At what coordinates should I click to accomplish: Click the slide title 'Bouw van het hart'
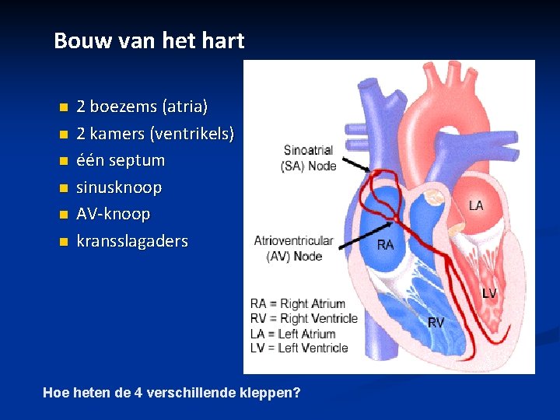149,40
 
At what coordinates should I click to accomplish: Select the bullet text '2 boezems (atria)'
142,106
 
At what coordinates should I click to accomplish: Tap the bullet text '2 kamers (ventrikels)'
155,133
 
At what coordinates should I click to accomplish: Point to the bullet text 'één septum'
120,160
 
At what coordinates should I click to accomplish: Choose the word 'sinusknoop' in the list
118,187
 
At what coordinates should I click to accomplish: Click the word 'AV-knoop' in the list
113,214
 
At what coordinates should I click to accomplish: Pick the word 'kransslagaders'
131,241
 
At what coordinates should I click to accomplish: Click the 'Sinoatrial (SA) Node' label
309,158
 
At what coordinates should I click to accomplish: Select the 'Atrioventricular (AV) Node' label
293,248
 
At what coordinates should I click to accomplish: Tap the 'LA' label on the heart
475,205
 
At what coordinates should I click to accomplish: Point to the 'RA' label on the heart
385,244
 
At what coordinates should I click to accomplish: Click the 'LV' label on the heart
488,293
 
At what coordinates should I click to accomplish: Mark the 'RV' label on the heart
436,322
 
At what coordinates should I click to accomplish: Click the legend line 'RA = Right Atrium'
297,303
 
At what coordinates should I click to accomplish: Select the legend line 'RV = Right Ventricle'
303,318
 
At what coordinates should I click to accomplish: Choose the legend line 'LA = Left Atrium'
292,333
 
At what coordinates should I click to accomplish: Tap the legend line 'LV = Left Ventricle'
299,348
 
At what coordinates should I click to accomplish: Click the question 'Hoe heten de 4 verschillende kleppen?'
172,393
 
